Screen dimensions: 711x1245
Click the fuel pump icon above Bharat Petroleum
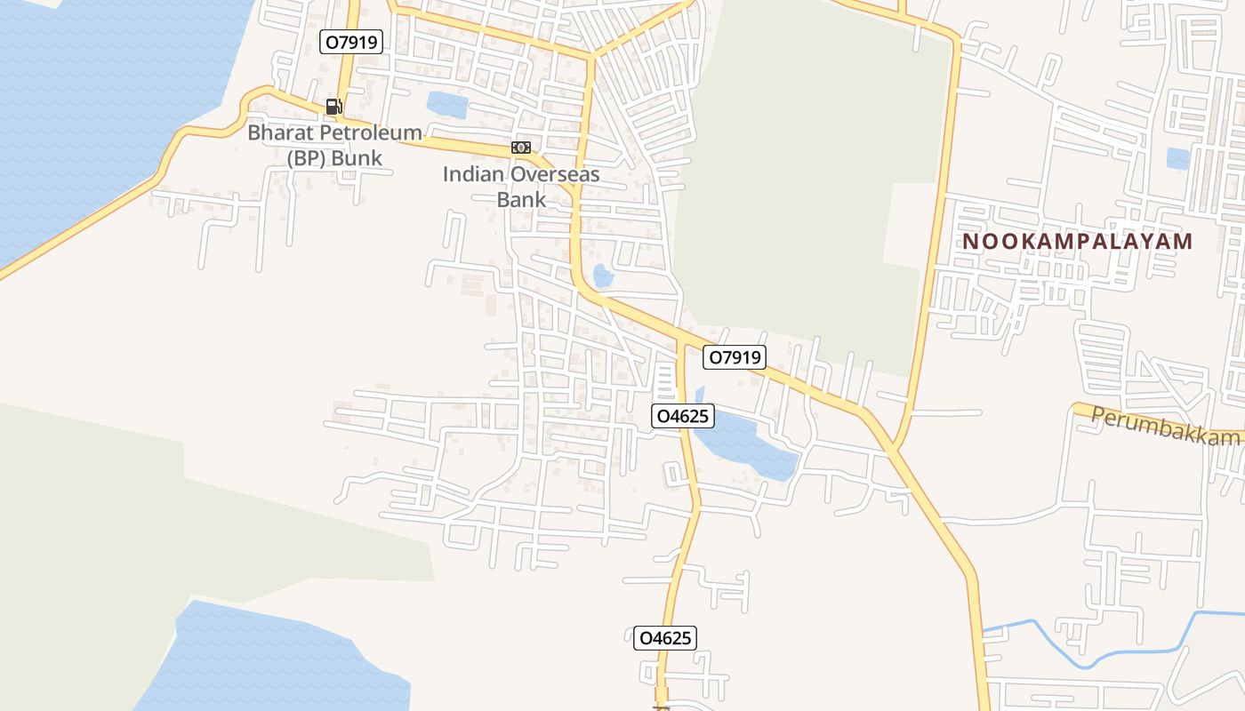pos(333,107)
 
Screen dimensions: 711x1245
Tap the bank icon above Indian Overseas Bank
pos(521,147)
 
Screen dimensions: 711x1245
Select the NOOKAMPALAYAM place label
pos(1077,242)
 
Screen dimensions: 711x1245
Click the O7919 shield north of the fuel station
pos(351,41)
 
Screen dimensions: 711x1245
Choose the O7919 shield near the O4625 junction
pos(734,357)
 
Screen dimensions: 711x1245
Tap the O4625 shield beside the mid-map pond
pos(684,415)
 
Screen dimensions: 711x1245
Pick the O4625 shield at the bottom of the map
pos(664,637)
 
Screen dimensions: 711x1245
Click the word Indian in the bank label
pos(470,174)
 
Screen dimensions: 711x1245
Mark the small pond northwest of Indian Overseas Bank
pos(446,105)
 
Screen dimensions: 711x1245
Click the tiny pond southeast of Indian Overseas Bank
pos(603,276)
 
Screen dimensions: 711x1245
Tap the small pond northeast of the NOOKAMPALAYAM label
pos(1178,158)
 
